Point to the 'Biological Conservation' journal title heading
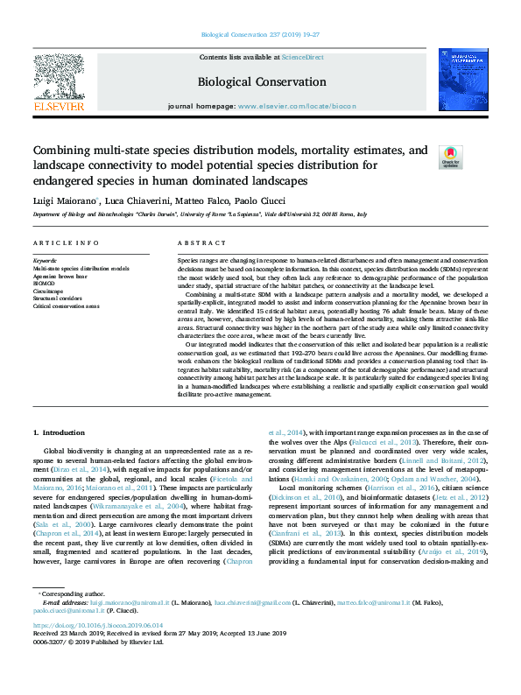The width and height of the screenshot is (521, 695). click(261, 82)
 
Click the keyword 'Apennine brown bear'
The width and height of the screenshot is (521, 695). click(61, 276)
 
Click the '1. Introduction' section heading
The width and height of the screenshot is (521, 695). click(59, 432)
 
